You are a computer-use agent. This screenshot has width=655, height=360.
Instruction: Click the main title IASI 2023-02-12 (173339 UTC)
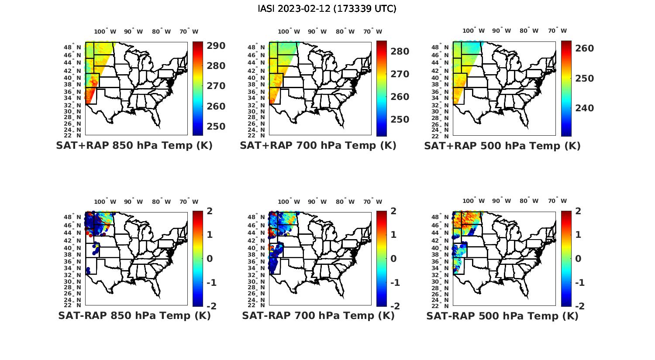point(327,9)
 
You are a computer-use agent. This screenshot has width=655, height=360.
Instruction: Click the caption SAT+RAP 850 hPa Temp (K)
point(134,146)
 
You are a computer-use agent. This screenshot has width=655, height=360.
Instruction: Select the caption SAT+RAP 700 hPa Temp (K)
point(318,146)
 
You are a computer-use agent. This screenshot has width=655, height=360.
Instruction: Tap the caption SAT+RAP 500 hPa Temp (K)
point(502,146)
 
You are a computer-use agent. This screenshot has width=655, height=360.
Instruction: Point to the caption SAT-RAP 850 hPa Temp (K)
point(134,315)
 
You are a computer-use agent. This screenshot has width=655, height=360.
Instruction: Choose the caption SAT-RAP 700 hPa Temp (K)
point(318,315)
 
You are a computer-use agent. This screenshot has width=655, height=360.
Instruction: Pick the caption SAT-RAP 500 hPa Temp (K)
point(502,316)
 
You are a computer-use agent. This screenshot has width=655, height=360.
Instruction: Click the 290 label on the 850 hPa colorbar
point(216,46)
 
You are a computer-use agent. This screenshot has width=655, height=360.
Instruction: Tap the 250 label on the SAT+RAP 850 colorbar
point(216,127)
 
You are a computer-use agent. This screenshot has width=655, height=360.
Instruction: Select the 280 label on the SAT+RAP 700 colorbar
point(400,51)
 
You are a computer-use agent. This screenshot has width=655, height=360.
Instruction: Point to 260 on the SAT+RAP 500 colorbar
point(584,48)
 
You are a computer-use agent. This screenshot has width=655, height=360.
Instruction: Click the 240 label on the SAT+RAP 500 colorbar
point(584,108)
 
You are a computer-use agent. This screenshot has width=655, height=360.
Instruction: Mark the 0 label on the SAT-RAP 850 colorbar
point(210,259)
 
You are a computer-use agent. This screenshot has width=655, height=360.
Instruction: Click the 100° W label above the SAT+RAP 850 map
point(105,31)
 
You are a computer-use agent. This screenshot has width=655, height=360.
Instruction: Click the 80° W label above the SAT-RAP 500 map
point(529,201)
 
